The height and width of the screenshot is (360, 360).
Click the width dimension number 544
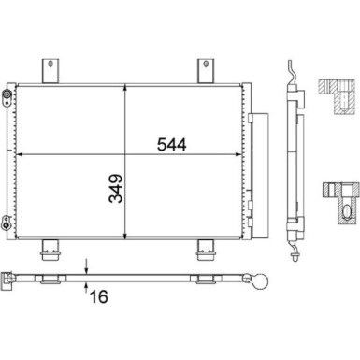(172, 145)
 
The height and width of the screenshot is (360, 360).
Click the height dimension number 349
(116, 189)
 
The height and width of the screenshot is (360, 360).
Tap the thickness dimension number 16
(99, 296)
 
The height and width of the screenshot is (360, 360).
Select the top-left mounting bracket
(50, 71)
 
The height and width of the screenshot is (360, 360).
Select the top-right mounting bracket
(206, 71)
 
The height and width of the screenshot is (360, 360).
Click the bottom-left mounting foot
(50, 250)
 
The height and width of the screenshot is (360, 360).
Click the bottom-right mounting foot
(206, 250)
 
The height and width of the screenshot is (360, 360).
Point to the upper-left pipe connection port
(7, 94)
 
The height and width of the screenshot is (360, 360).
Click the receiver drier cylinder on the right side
(260, 176)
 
